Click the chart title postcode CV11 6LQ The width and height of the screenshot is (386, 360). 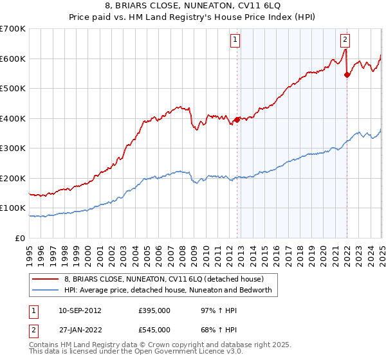241,5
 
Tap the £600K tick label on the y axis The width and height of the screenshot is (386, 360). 13,59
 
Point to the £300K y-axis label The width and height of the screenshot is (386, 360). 13,148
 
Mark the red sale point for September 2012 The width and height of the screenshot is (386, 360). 237,119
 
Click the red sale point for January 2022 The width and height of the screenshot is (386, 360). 347,75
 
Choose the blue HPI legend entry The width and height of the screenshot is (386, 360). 169,291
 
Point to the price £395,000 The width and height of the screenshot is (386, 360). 154,310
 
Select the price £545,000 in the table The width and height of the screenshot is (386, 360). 154,330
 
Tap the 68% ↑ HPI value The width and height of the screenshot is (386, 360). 210,330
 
